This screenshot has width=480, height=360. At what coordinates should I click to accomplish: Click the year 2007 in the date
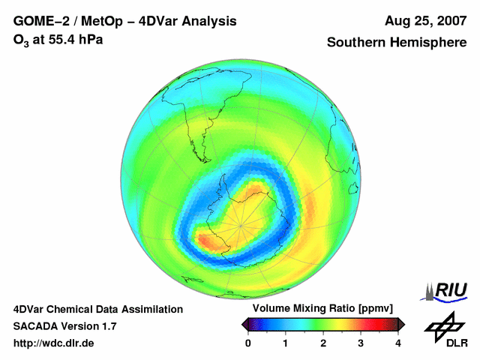pyautogui.click(x=448, y=21)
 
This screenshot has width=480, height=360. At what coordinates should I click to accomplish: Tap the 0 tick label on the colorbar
pyautogui.click(x=248, y=343)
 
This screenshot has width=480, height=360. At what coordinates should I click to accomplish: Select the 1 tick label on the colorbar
pyautogui.click(x=286, y=343)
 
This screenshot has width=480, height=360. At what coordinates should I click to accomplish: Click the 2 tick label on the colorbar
pyautogui.click(x=323, y=343)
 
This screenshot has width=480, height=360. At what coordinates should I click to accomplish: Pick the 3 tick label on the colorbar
pyautogui.click(x=361, y=343)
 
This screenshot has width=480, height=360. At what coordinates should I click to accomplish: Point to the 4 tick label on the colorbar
pyautogui.click(x=398, y=343)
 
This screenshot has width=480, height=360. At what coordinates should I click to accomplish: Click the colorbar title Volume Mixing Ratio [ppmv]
pyautogui.click(x=322, y=308)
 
